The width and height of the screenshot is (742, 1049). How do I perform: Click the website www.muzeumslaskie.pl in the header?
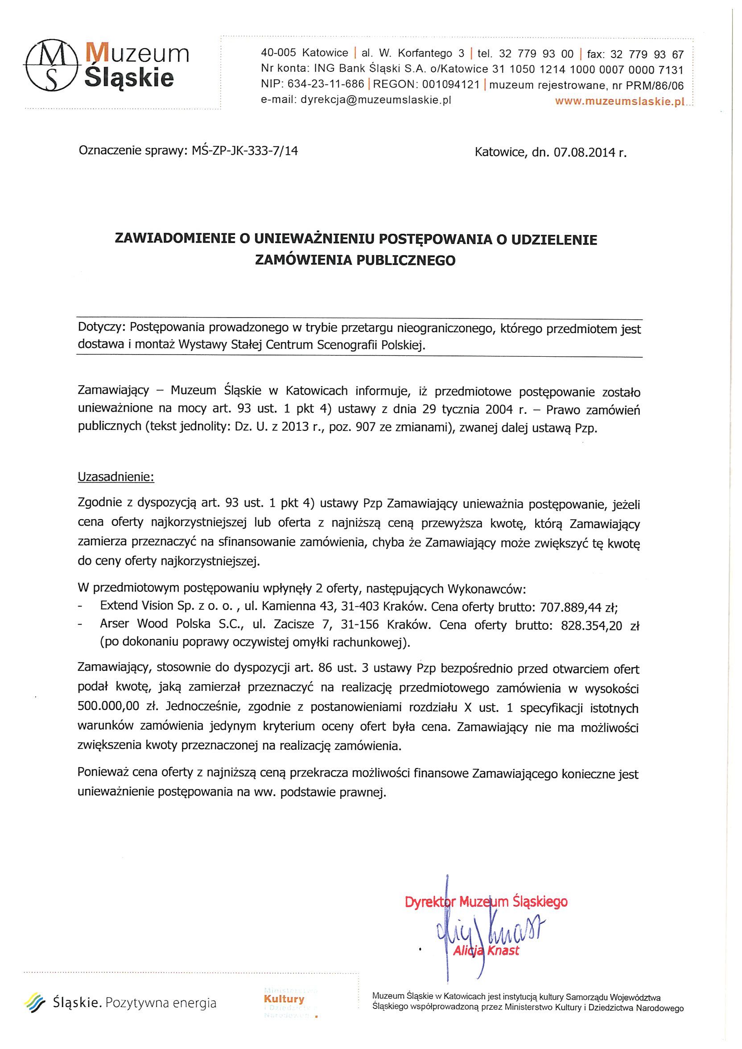[x=619, y=101]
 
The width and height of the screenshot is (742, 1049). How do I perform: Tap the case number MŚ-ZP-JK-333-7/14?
[x=242, y=151]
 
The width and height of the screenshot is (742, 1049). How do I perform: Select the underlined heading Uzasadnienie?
[x=116, y=477]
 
